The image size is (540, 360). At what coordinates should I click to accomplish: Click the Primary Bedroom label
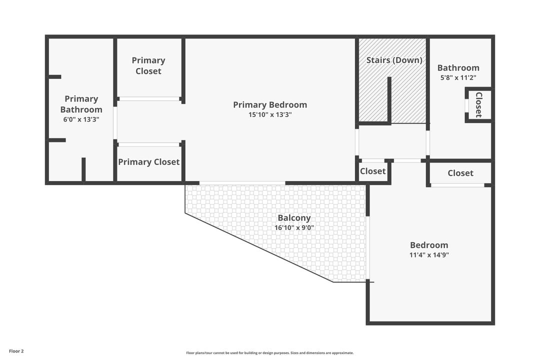click(x=270, y=104)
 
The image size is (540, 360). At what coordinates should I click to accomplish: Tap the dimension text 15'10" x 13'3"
click(x=270, y=114)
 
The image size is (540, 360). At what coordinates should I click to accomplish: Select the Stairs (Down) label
click(x=394, y=60)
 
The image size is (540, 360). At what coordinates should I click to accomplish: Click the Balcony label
click(x=294, y=218)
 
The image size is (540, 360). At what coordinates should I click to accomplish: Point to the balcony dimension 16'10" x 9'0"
click(x=294, y=228)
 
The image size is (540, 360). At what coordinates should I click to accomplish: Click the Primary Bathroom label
click(x=81, y=104)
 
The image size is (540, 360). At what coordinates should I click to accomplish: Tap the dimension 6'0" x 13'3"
click(x=81, y=119)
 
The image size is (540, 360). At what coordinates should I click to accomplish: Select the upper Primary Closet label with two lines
click(x=148, y=65)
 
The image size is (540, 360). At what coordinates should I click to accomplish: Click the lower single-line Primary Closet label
click(x=148, y=162)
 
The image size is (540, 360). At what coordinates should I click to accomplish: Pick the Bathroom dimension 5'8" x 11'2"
click(x=458, y=78)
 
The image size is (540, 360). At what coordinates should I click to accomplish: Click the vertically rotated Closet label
click(x=478, y=104)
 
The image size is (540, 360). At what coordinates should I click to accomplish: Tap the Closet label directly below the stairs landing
click(x=373, y=171)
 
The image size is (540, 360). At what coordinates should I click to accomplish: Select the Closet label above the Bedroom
click(x=460, y=173)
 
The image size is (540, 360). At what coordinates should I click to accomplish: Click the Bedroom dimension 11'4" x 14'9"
click(x=429, y=255)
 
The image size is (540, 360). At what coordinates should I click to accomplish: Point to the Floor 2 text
click(x=16, y=351)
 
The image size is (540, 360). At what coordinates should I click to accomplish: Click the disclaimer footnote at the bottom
click(x=270, y=353)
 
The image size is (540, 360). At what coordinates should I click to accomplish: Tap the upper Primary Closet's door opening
click(x=149, y=99)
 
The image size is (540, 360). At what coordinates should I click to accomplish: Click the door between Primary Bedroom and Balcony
click(x=242, y=183)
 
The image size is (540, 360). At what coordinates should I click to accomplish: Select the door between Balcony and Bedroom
click(x=368, y=248)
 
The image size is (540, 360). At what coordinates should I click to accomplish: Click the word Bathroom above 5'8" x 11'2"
click(x=458, y=68)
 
